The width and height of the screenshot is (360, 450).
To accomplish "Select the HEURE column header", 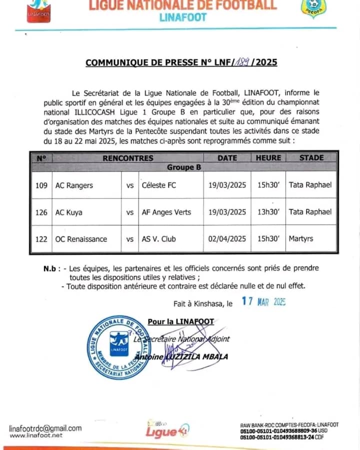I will click(268, 158).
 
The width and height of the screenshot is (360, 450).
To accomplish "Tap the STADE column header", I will click(311, 158).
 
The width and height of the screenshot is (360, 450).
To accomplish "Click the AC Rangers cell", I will click(74, 185).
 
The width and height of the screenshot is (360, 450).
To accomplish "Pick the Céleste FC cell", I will click(158, 185).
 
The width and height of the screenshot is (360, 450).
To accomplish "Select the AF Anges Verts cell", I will click(165, 212).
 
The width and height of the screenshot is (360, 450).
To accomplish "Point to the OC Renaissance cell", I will click(81, 239).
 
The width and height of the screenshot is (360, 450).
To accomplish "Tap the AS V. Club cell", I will click(157, 239).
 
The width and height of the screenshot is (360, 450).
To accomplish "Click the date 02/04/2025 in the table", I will click(227, 239).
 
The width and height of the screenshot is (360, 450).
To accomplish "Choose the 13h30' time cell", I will click(268, 212).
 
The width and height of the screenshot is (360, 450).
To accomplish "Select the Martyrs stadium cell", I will click(301, 239).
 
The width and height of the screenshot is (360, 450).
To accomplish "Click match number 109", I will click(41, 185).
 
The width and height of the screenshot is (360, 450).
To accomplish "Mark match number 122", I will click(41, 239).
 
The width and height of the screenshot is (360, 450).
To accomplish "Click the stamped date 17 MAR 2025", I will click(263, 302).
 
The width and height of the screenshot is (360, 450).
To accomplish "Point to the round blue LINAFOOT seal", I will click(119, 347).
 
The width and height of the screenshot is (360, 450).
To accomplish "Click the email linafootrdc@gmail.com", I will click(45, 428).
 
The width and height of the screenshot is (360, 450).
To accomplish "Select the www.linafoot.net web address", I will click(36, 435).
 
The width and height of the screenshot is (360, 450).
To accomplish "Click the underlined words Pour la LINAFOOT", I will click(180, 321).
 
